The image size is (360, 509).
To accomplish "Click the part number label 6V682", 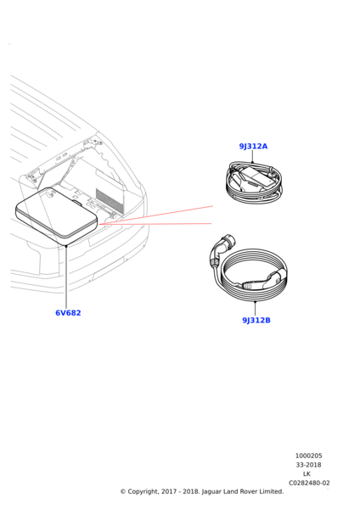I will coord(68,313).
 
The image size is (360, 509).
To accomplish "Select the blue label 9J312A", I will coord(253,146).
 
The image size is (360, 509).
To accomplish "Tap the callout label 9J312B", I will coord(256,321).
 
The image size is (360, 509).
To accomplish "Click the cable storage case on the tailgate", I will coord(55,215).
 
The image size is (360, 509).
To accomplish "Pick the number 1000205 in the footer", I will coord(308,456).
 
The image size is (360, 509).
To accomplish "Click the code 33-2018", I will coord(308,465).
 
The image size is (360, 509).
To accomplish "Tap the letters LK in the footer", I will coord(307,474).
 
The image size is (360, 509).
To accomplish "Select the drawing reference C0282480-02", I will coord(309,484).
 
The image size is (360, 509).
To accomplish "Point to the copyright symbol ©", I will coord(123,491).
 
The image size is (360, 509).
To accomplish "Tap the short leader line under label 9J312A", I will coord(252,157).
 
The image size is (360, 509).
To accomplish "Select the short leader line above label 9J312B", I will coord(255,308).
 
